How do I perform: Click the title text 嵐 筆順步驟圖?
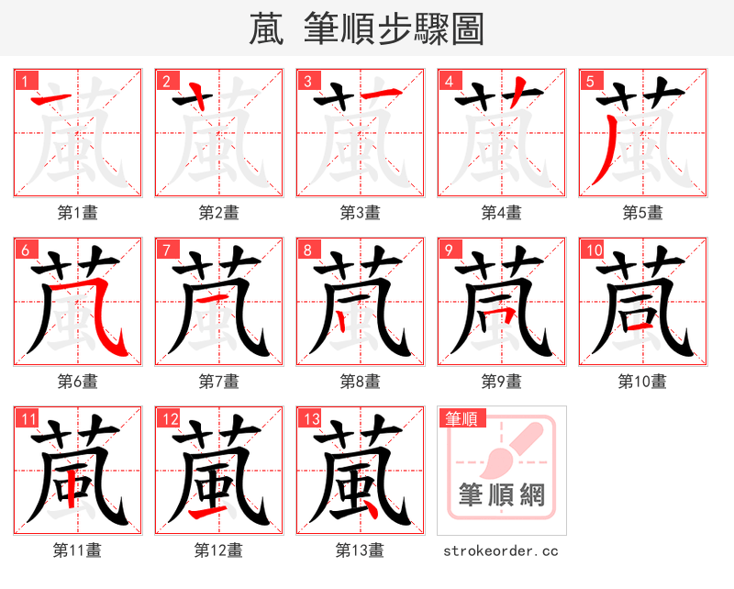(366, 28)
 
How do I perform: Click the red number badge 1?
(25, 82)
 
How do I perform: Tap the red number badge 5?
(590, 82)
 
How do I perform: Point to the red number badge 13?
(310, 419)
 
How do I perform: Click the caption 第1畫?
(78, 213)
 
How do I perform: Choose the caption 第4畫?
(501, 213)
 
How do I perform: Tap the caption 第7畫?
(218, 381)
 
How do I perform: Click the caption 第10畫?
(642, 381)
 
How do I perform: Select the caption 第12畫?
(218, 550)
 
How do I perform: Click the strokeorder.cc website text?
(501, 550)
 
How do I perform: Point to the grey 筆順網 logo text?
(501, 495)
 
